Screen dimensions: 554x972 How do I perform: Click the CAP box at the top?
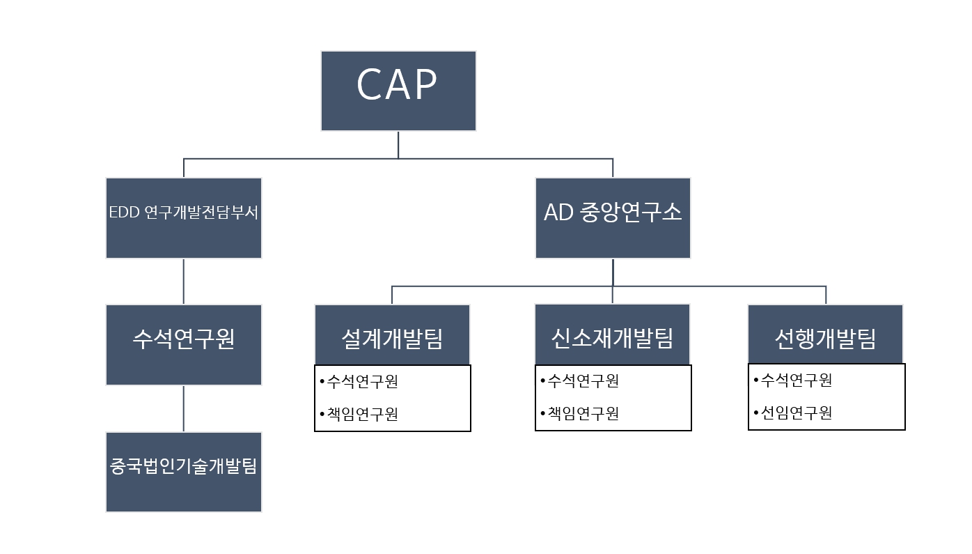pyautogui.click(x=398, y=91)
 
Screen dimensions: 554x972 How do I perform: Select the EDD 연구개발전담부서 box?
pyautogui.click(x=184, y=217)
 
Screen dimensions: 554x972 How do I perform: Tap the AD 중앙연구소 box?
pyautogui.click(x=613, y=217)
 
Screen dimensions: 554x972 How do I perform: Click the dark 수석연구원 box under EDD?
pyautogui.click(x=184, y=344)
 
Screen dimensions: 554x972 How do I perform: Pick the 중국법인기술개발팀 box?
pyautogui.click(x=184, y=472)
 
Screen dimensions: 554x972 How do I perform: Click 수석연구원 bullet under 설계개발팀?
pyautogui.click(x=362, y=382)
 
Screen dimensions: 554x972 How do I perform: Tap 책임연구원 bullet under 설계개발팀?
pyautogui.click(x=362, y=414)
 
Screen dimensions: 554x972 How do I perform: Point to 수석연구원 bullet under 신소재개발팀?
pyautogui.click(x=583, y=381)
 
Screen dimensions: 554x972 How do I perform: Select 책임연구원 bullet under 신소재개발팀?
pyautogui.click(x=583, y=413)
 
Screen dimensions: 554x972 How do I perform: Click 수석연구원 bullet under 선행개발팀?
pyautogui.click(x=796, y=380)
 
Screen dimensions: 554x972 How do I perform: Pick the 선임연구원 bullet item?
pyautogui.click(x=796, y=413)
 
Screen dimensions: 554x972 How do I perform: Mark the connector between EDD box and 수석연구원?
pyautogui.click(x=184, y=282)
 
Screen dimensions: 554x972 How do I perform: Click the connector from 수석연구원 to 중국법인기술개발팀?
pyautogui.click(x=184, y=408)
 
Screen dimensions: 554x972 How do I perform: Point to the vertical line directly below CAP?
pyautogui.click(x=398, y=144)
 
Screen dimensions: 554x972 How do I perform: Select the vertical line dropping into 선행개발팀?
pyautogui.click(x=826, y=295)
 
